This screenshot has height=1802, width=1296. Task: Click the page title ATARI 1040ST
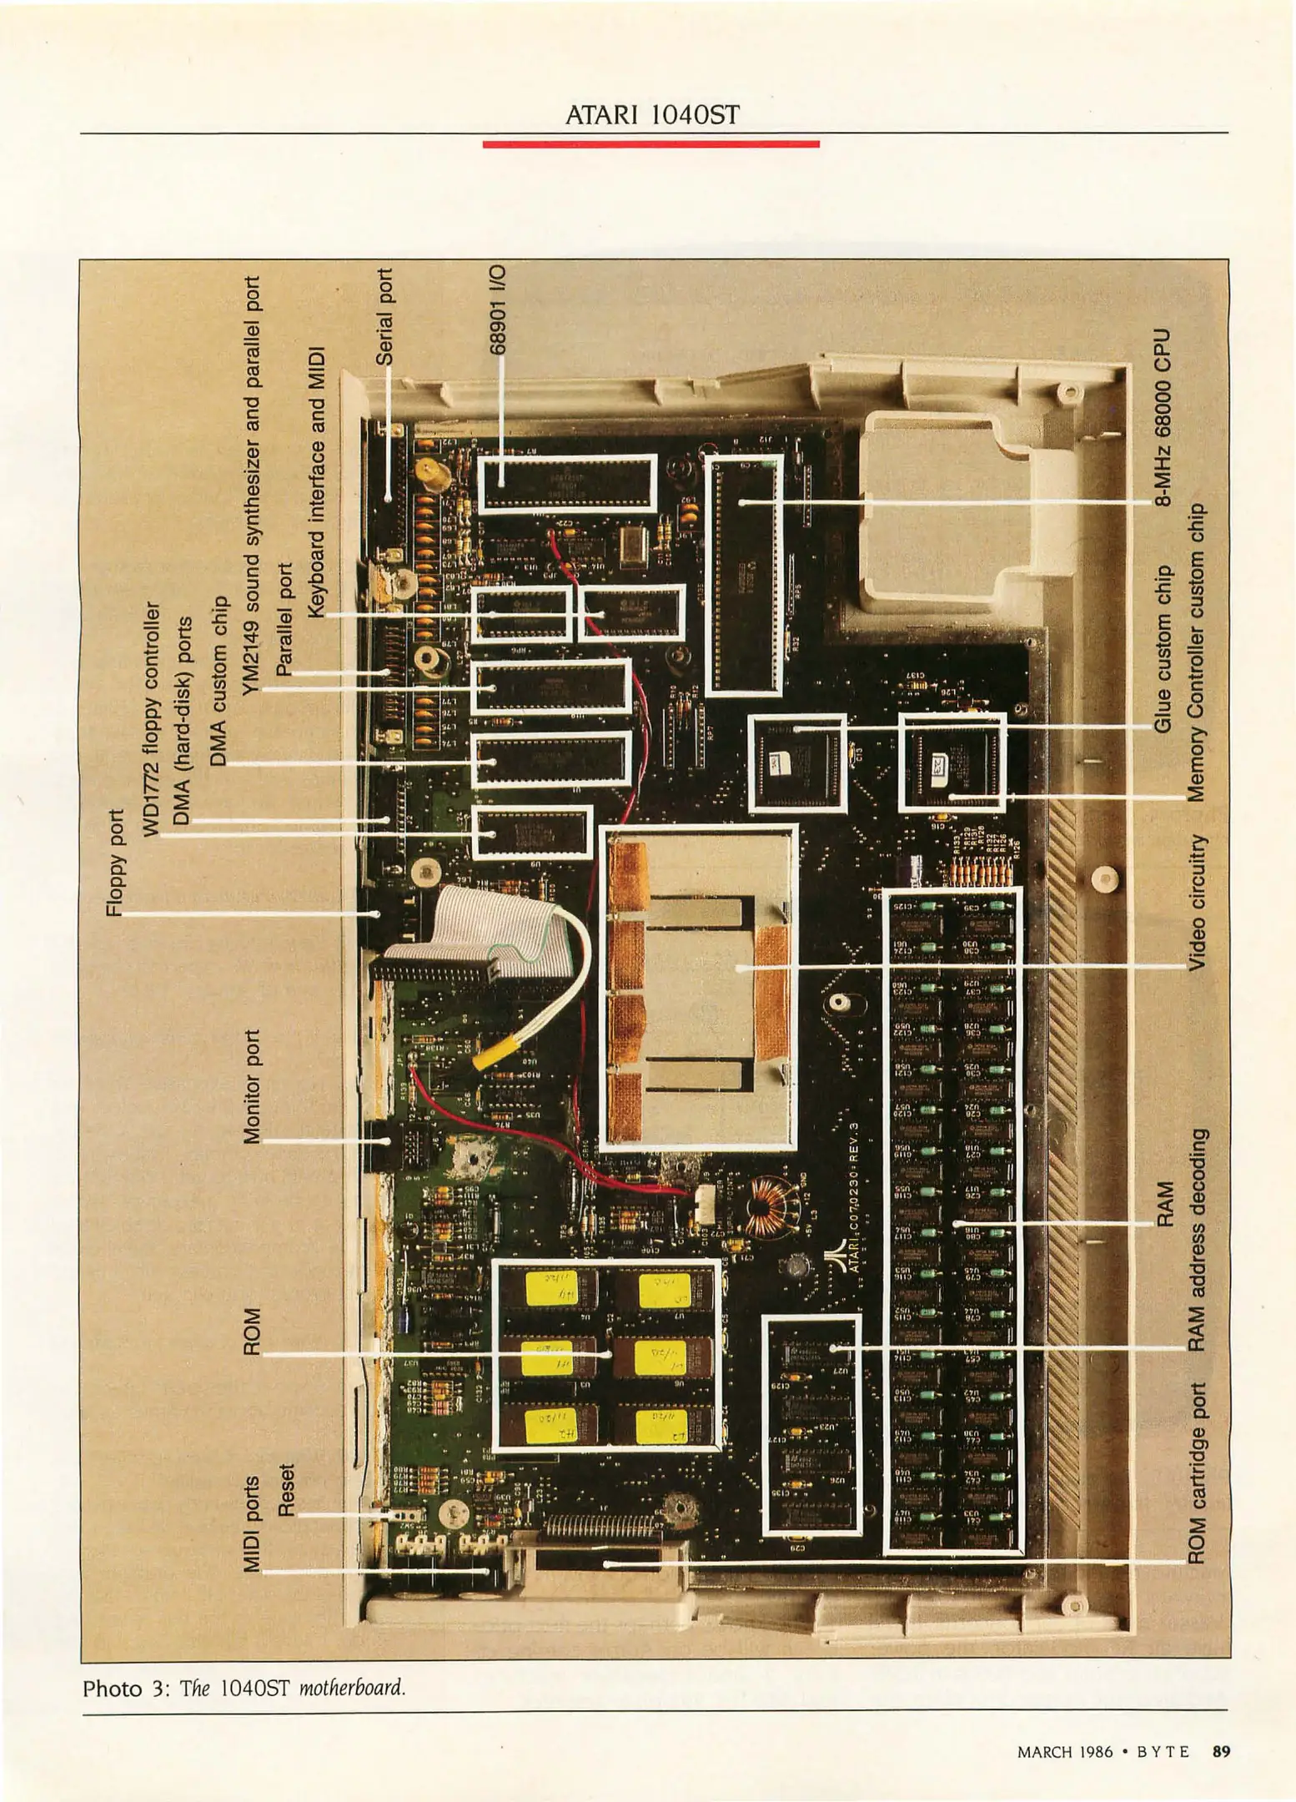(651, 115)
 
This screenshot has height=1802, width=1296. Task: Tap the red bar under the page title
(651, 144)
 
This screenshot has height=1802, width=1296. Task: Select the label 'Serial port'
(384, 316)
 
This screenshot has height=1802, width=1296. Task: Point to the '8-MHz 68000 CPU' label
(1163, 416)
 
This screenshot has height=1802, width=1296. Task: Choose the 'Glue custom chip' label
(1163, 650)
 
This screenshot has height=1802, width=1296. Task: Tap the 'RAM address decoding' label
(1197, 1241)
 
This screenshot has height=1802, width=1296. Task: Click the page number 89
(1221, 1751)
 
